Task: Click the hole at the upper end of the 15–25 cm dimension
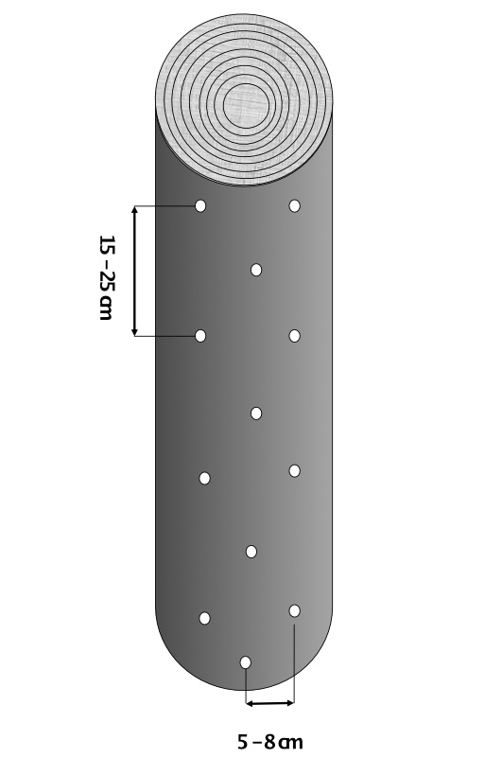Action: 200,206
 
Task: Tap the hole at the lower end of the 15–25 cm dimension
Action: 200,336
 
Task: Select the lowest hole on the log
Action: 246,661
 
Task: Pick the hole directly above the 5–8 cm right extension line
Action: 294,610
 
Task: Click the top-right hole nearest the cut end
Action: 294,206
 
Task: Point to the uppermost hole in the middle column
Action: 256,270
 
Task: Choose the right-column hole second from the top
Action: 294,336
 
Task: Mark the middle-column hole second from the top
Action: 256,414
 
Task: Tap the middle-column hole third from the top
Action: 251,551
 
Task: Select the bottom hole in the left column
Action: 204,618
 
